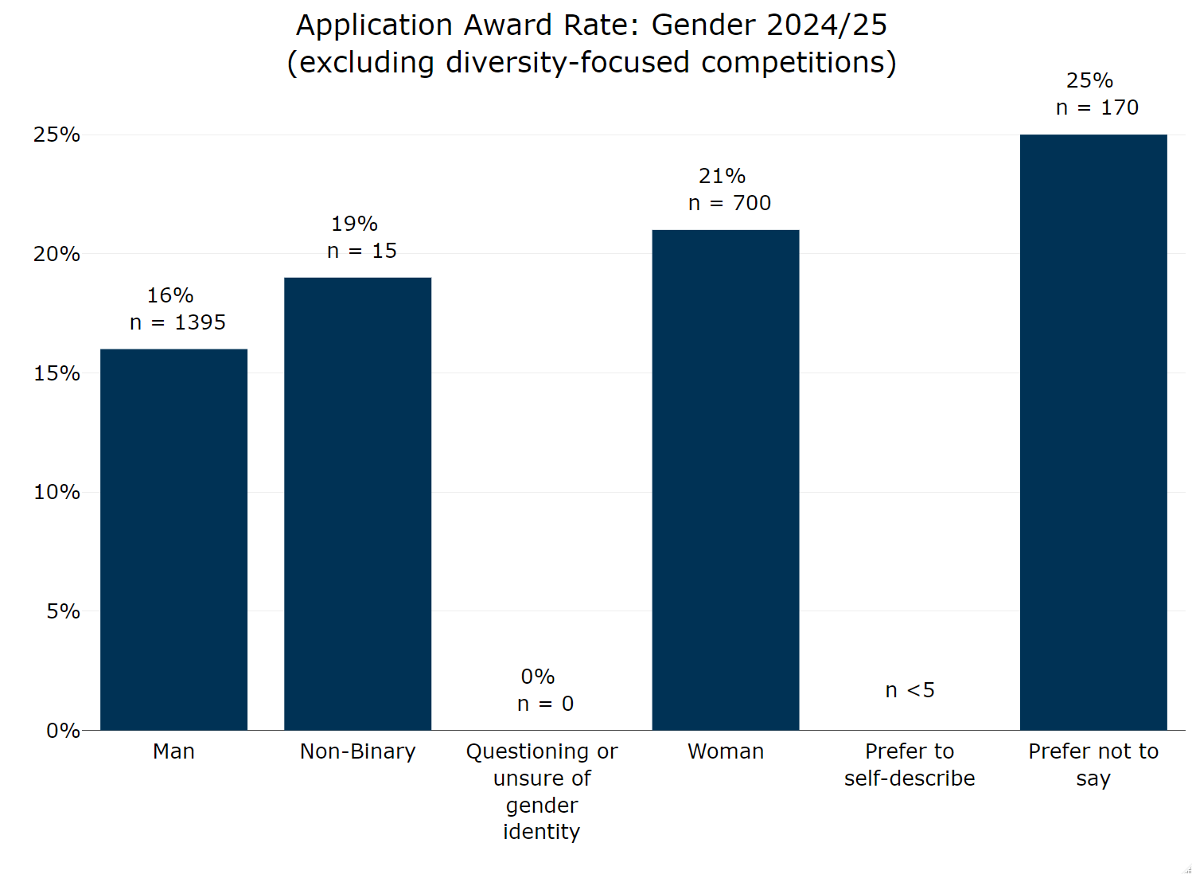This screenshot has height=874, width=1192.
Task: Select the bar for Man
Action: click(173, 539)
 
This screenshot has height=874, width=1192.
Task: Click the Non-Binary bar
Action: click(357, 503)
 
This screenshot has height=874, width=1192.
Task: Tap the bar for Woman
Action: click(725, 479)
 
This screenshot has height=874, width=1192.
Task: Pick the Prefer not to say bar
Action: click(1093, 431)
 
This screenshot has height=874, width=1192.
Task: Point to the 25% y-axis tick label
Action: click(56, 135)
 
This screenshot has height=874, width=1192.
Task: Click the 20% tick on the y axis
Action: click(56, 254)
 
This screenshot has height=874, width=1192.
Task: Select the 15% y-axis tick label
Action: click(56, 373)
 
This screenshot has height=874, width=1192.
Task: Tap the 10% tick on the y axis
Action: click(56, 492)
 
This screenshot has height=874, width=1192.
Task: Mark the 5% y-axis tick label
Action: click(63, 611)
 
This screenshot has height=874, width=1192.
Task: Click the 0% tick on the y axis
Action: click(63, 731)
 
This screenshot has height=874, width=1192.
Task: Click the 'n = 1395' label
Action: click(177, 322)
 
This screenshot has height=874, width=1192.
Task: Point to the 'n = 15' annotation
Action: click(361, 251)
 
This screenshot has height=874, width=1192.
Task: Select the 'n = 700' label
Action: click(729, 203)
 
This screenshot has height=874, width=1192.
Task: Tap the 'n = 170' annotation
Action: click(1097, 107)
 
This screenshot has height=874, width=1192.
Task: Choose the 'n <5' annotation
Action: click(910, 690)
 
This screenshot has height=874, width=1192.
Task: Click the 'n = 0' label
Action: click(545, 704)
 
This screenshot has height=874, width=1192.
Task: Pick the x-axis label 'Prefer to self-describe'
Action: click(910, 764)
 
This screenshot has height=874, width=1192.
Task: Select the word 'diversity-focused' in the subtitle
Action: click(567, 62)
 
